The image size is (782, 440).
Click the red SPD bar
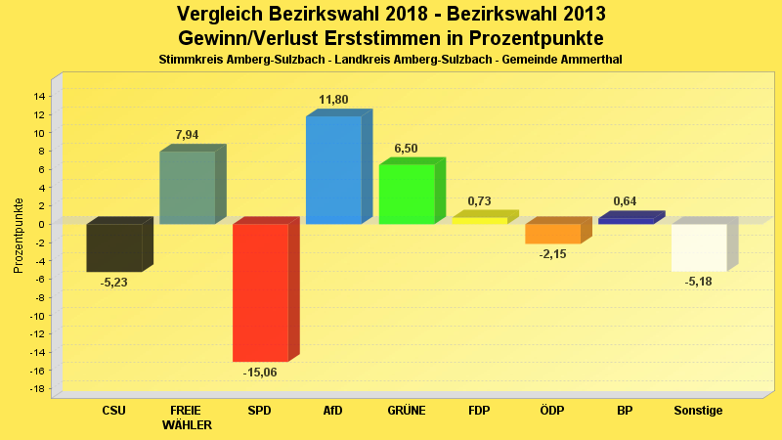pyautogui.click(x=260, y=292)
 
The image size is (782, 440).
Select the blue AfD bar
pyautogui.click(x=333, y=170)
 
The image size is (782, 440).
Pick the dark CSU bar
pyautogui.click(x=114, y=247)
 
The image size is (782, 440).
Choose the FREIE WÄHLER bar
pyautogui.click(x=187, y=187)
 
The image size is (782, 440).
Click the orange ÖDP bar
pyautogui.click(x=552, y=233)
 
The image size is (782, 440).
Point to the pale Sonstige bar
pyautogui.click(x=699, y=246)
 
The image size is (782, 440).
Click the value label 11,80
pyautogui.click(x=333, y=100)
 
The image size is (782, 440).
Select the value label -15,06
pyautogui.click(x=260, y=373)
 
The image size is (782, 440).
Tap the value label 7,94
pyautogui.click(x=187, y=135)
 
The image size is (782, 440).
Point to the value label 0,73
pyautogui.click(x=479, y=201)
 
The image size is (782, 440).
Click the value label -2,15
pyautogui.click(x=552, y=254)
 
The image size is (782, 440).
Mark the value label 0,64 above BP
pyautogui.click(x=625, y=201)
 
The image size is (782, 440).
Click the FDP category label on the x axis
pyautogui.click(x=479, y=411)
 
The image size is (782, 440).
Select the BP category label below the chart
pyautogui.click(x=625, y=411)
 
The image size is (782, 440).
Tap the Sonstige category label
pyautogui.click(x=699, y=411)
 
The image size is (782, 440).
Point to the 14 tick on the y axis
pyautogui.click(x=40, y=96)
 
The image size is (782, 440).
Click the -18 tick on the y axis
pyautogui.click(x=38, y=390)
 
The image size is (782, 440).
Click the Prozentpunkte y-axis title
pyautogui.click(x=19, y=236)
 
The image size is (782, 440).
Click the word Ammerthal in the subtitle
pyautogui.click(x=589, y=60)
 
